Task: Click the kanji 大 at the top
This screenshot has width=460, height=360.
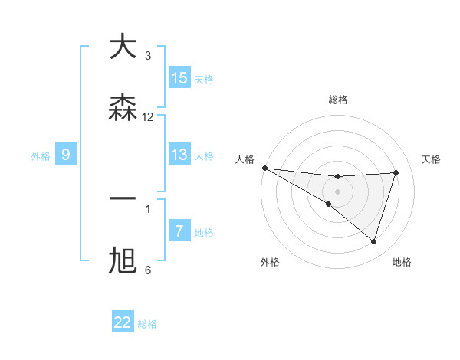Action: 123,47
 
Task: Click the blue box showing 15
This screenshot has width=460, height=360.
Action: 179,78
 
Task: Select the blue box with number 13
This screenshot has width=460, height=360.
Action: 179,155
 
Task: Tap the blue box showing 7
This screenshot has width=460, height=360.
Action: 179,231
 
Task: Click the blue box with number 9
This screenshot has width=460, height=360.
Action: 66,155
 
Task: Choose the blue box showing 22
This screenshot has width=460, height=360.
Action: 123,322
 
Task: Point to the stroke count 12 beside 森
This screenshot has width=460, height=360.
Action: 148,117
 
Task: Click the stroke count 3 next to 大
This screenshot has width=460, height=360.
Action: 148,56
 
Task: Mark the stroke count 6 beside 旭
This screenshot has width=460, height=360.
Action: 148,270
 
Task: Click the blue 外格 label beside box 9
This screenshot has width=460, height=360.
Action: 41,156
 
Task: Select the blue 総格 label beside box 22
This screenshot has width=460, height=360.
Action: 147,324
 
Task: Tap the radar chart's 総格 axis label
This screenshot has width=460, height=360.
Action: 337,100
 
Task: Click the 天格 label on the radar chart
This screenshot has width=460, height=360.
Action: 432,159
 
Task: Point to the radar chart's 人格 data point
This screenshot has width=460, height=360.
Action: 264,167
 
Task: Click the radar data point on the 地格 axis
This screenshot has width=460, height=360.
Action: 373,241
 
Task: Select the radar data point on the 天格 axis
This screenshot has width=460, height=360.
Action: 396,172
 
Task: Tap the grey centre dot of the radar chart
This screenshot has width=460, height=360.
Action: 337,191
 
